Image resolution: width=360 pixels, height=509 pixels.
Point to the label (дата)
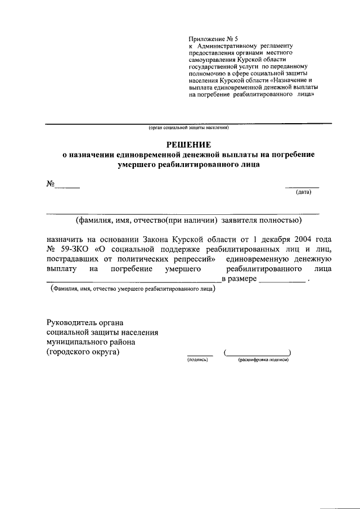tap(303, 192)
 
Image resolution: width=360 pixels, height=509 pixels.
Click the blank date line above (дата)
tap(302, 186)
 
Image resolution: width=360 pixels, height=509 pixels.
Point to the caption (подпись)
tap(197, 360)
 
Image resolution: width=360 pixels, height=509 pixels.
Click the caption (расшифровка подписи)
tap(263, 360)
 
